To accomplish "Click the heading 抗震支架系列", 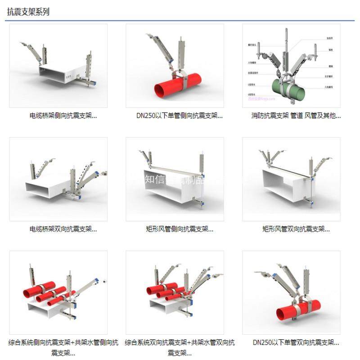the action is point(28,12).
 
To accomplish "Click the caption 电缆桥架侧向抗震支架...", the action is point(63,116).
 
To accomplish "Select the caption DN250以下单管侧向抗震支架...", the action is point(180,116).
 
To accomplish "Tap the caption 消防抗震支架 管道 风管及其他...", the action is point(296,116).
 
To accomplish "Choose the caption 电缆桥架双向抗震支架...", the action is point(63,229).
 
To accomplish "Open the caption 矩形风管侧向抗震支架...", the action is point(180,229).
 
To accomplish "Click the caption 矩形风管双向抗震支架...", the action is point(296,229).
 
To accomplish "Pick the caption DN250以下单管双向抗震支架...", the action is point(296,343).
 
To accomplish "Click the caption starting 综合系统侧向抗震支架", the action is point(63,347).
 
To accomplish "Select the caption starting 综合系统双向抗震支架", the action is point(180,347).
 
